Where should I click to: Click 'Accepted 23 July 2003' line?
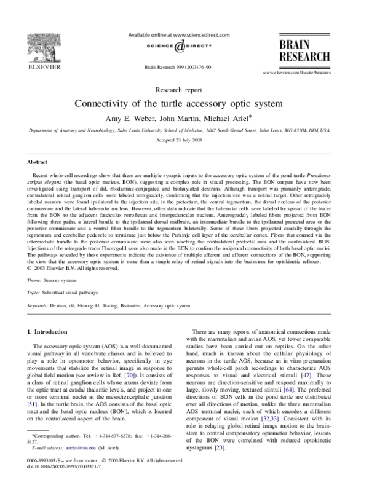tap(183, 141)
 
